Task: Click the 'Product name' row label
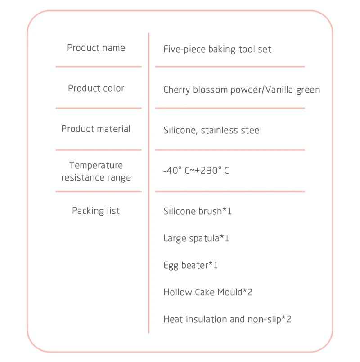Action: click(x=96, y=48)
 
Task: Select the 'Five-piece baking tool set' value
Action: click(x=217, y=49)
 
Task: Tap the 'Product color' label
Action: click(x=96, y=88)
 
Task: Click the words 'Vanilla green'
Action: click(x=293, y=90)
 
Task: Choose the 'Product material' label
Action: click(x=96, y=129)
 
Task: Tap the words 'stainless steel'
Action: click(x=231, y=130)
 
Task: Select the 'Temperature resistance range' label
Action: click(x=96, y=172)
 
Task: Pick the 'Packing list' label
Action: click(x=96, y=211)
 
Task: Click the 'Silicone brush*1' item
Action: click(x=198, y=211)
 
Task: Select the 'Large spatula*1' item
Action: click(x=196, y=238)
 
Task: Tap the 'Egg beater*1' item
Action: click(x=190, y=265)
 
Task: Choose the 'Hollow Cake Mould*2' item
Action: click(x=208, y=292)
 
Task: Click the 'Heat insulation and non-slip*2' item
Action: click(x=227, y=319)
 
